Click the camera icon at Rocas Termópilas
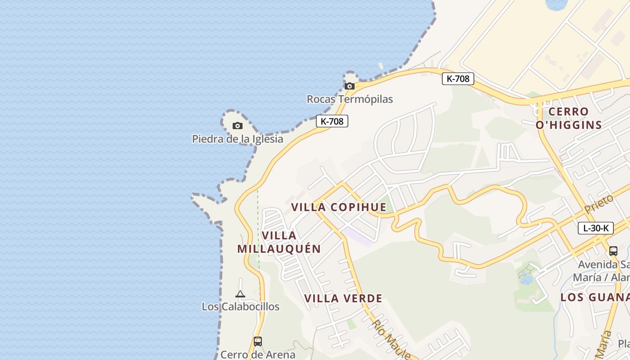click(350, 86)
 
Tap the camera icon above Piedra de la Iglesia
click(238, 126)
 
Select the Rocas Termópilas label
click(350, 99)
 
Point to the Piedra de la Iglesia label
click(238, 139)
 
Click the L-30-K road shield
click(595, 228)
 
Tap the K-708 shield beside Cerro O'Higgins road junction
click(458, 79)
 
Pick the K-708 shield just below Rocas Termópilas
click(332, 121)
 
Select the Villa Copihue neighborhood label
click(338, 207)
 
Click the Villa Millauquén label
click(279, 242)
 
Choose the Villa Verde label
click(343, 298)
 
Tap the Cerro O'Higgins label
click(569, 118)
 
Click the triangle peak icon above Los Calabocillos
click(240, 294)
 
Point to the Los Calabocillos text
click(240, 306)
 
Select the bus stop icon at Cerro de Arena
click(258, 342)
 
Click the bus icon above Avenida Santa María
click(613, 251)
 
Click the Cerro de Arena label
click(258, 355)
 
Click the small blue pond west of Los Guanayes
click(526, 279)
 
